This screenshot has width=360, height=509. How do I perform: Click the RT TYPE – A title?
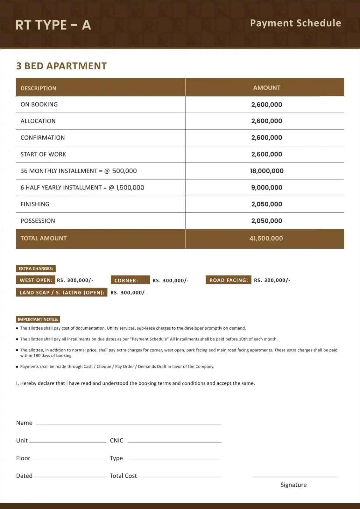coord(53,25)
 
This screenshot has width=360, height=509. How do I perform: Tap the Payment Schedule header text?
coord(295,23)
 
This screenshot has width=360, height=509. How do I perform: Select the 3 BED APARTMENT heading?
coord(61,66)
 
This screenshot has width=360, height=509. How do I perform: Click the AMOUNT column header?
coord(267,87)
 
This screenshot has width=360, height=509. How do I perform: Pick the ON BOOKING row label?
coord(39,104)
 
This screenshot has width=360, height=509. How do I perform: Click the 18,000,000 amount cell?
coord(267,171)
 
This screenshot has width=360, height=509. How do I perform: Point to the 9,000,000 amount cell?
coord(267,187)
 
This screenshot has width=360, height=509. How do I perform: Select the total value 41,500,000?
coord(266,238)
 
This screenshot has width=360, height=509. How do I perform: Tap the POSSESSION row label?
coord(38,221)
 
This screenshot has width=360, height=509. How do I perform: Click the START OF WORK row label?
coord(43,154)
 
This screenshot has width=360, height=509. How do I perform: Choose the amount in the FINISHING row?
coord(267,204)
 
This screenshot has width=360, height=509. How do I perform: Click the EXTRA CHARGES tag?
coord(36,268)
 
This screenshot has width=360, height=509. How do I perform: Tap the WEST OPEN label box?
coord(36,280)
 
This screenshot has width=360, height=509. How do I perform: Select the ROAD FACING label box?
coord(228,280)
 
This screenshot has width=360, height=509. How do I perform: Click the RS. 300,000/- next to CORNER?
coord(171,280)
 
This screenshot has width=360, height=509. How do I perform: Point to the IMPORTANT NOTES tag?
coord(38,319)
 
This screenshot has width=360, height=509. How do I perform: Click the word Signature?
coord(293,485)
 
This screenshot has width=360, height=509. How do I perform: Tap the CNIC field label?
coord(116,440)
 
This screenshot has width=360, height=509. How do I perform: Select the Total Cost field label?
coord(123,476)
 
